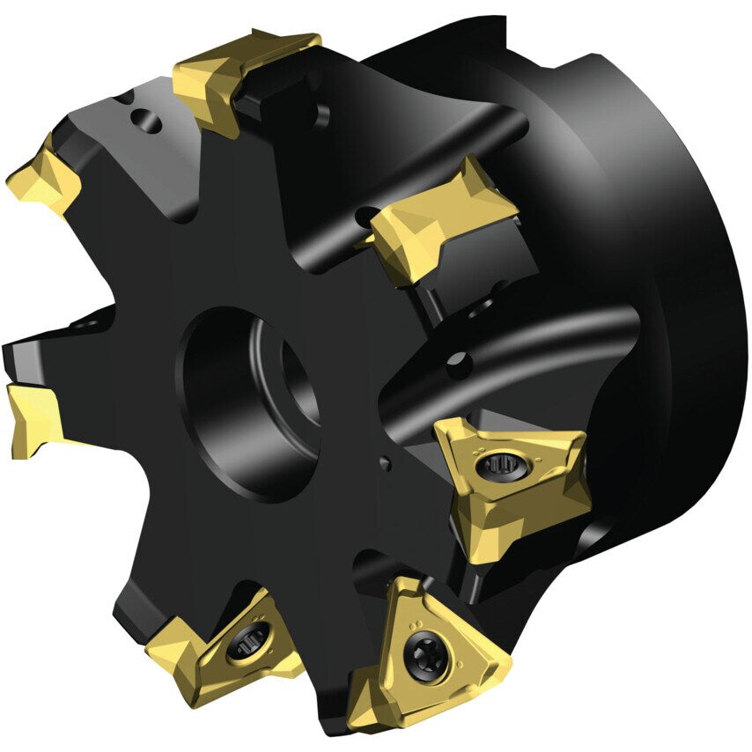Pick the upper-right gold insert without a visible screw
(x=440, y=220)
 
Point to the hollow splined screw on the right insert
(x=494, y=465)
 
